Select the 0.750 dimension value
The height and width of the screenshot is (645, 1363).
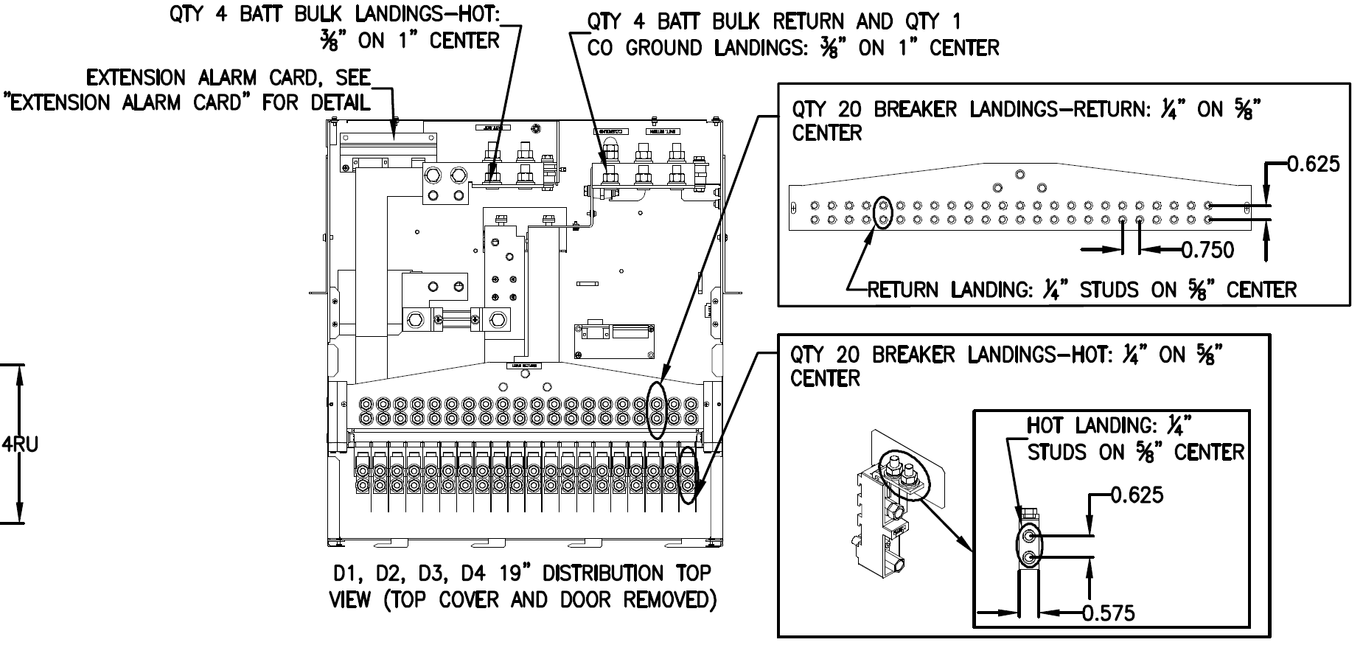tap(1207, 250)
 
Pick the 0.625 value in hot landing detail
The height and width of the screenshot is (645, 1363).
tap(1137, 495)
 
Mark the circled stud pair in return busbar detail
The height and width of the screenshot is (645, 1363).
tap(882, 212)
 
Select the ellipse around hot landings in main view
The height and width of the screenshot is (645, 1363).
tap(688, 475)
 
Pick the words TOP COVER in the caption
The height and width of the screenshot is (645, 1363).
tap(484, 600)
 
